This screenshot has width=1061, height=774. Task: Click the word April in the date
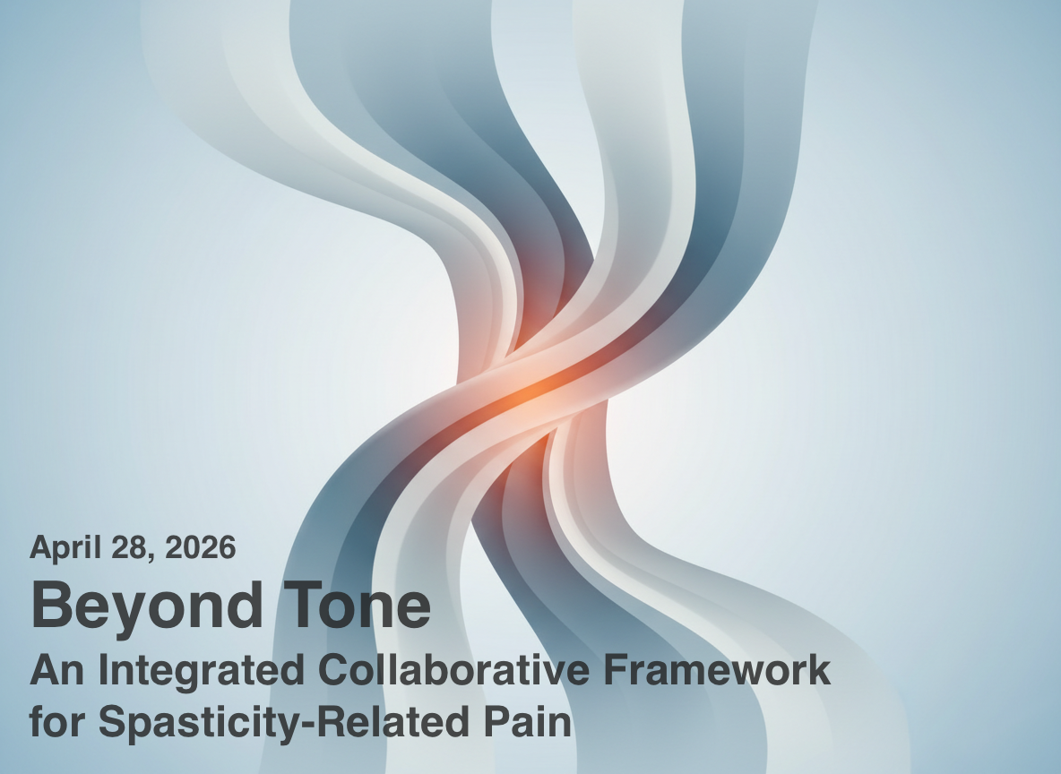click(x=65, y=548)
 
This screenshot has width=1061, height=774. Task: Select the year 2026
click(x=201, y=546)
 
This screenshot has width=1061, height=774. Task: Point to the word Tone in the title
click(x=357, y=605)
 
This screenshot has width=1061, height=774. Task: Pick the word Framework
click(x=717, y=670)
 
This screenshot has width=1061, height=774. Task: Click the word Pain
click(x=527, y=721)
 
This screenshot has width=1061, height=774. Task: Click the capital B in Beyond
click(x=51, y=605)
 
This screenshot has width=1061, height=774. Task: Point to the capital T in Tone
click(x=303, y=605)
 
